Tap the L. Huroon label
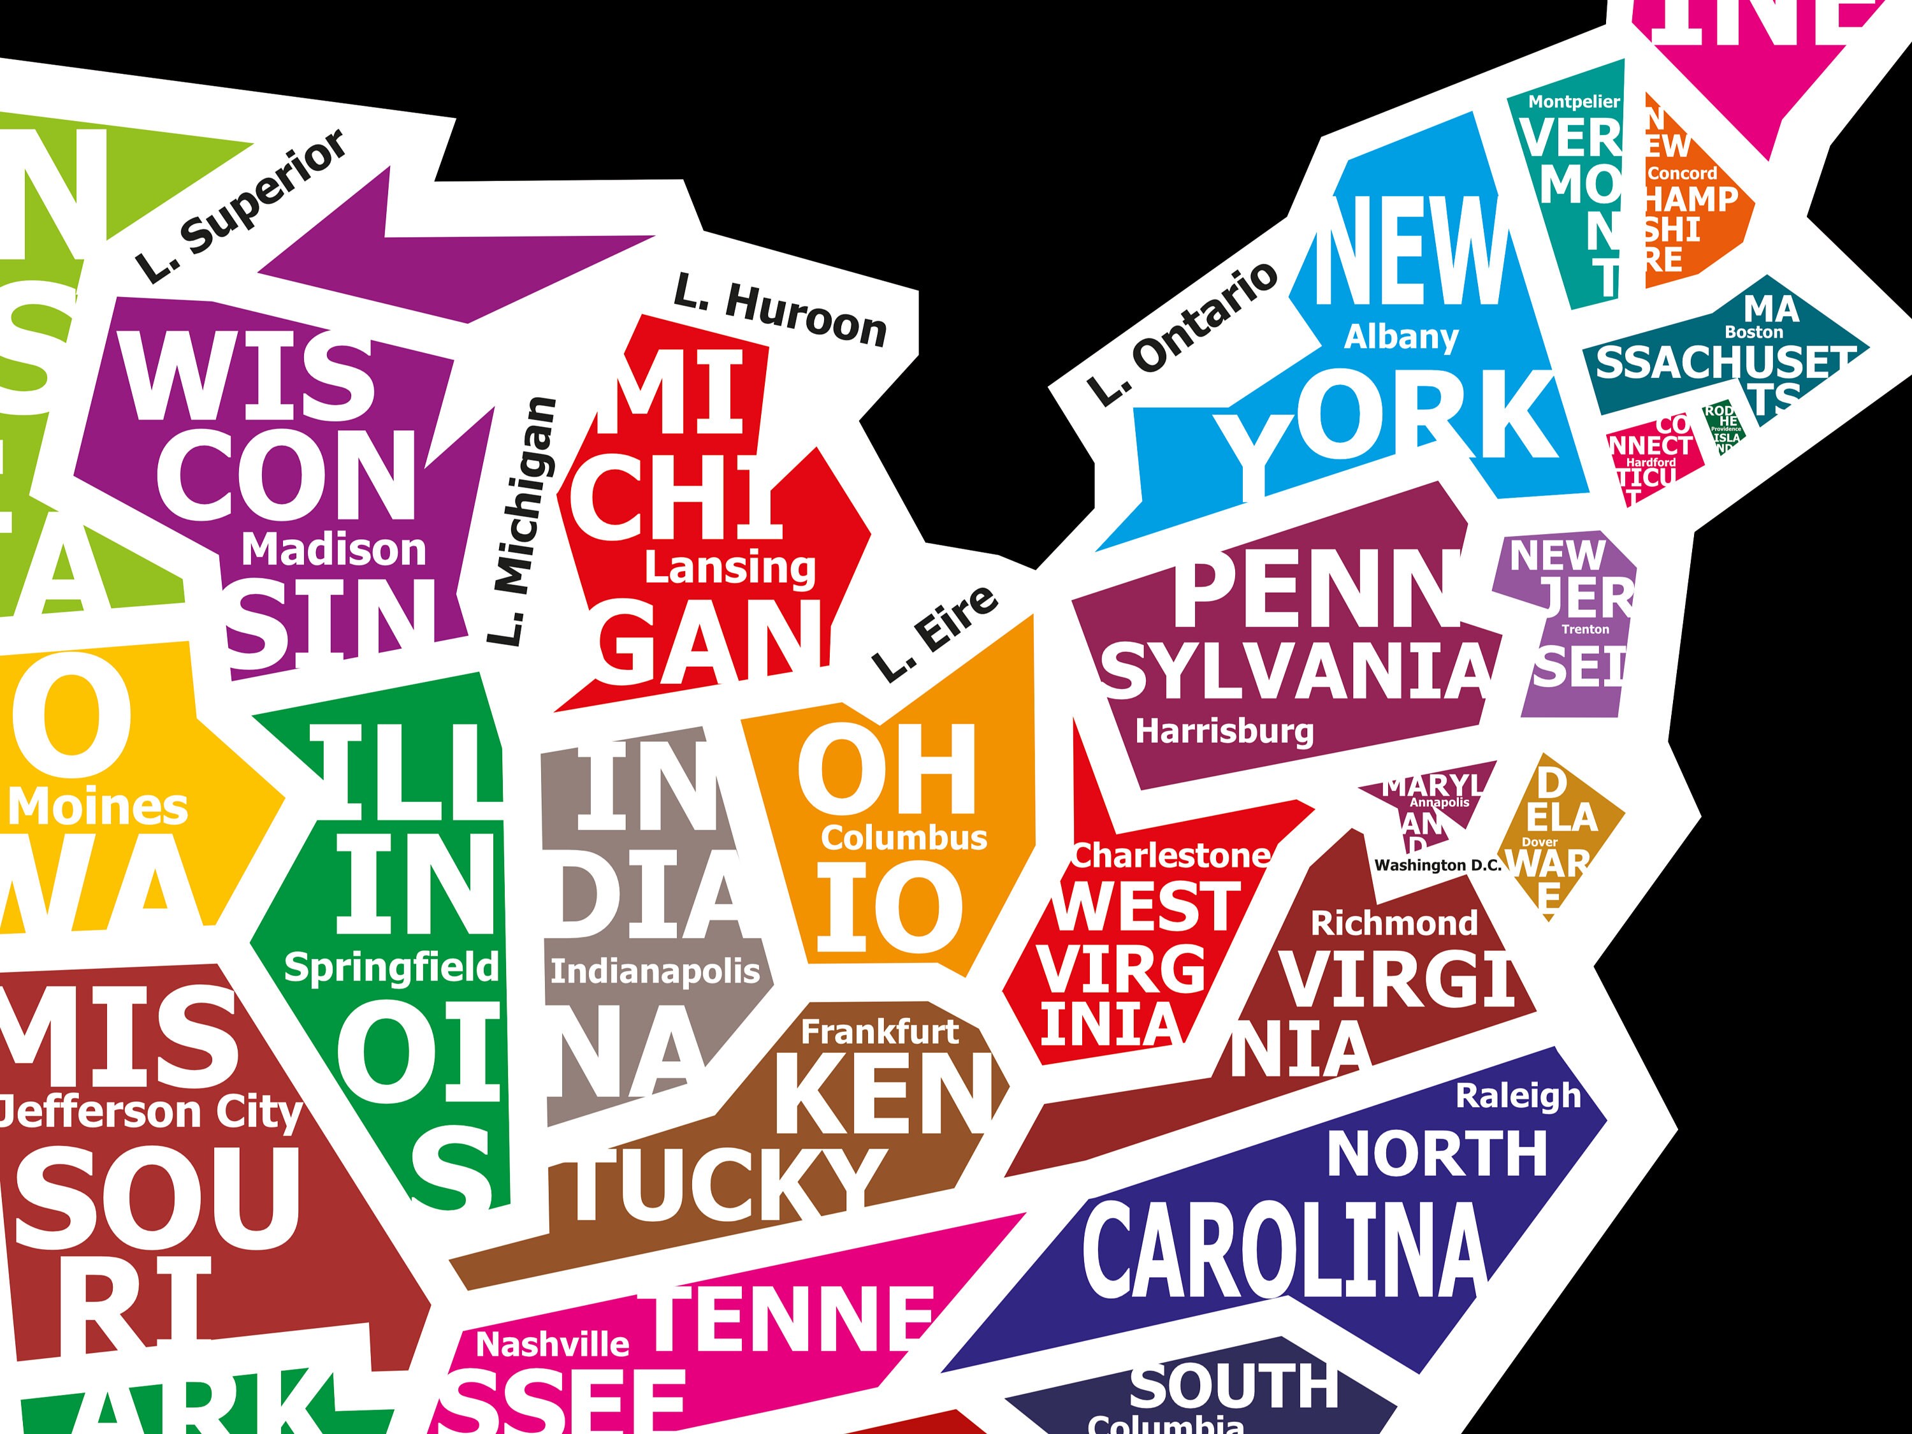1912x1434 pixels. [781, 311]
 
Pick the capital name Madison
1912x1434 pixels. [334, 550]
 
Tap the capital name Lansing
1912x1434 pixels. [730, 569]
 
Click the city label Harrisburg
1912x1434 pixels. [1224, 731]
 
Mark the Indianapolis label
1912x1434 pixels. [655, 971]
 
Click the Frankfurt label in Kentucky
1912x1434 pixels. [880, 1031]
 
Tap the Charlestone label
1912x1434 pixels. [1170, 856]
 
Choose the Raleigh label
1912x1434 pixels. [1519, 1096]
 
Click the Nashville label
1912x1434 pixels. [553, 1344]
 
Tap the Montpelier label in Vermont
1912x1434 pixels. [1574, 102]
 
